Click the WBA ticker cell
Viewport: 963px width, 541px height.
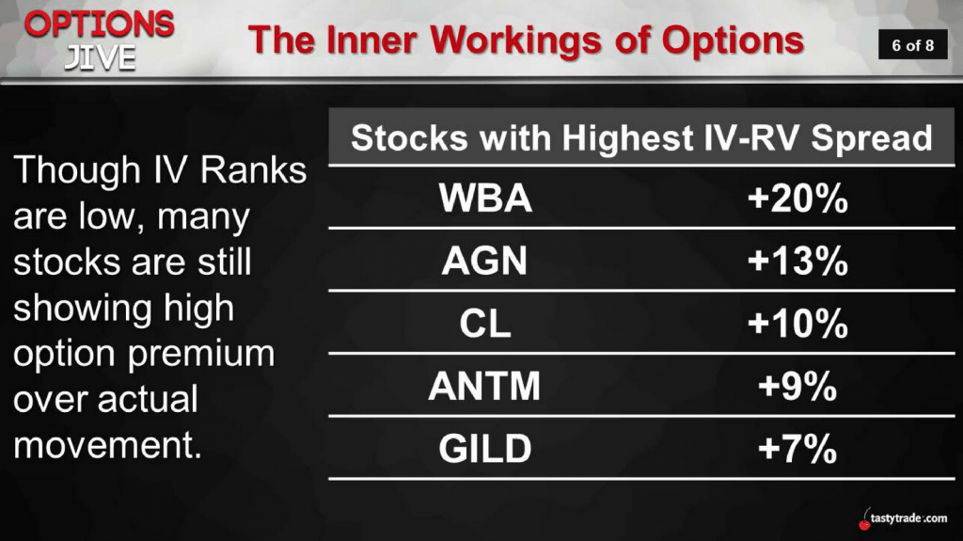485,198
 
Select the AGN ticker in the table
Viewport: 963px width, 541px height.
484,261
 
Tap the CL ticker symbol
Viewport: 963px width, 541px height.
485,324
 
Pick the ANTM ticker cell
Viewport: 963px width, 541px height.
484,386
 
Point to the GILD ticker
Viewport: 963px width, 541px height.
485,449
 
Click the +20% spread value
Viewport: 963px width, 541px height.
797,199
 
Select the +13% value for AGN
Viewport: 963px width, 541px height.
797,261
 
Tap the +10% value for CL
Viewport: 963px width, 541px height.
797,324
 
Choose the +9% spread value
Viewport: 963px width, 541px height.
797,386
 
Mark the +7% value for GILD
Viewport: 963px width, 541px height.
797,449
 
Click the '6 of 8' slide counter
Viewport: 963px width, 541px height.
912,45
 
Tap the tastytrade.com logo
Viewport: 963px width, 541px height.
903,517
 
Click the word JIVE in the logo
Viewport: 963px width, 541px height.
100,58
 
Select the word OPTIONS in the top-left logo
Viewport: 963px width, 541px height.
100,24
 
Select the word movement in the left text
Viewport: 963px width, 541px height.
107,445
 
